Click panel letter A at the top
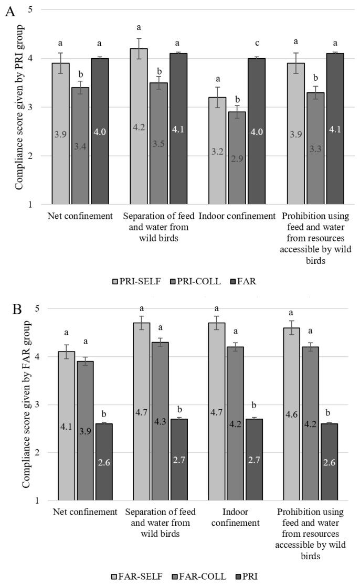[9, 11]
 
